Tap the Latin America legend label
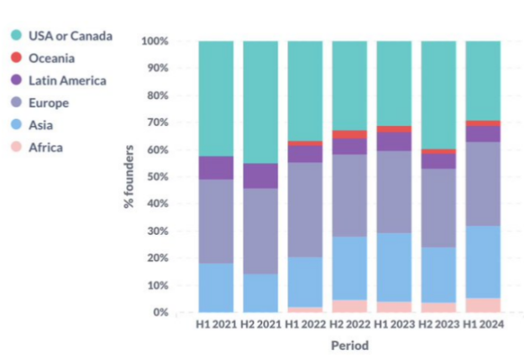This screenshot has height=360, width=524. [x=67, y=81]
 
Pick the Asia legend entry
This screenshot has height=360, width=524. [x=42, y=126]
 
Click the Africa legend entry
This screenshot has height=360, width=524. [x=45, y=148]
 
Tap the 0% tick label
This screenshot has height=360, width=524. [x=161, y=313]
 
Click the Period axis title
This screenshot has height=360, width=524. [x=348, y=345]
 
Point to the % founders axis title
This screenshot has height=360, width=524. [x=131, y=177]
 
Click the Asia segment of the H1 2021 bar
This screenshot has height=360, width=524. [x=216, y=288]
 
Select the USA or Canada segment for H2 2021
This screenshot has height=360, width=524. [x=260, y=102]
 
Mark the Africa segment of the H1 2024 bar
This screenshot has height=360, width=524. [x=483, y=305]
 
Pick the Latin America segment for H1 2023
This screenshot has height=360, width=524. [x=394, y=142]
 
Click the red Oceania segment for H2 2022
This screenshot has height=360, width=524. [x=349, y=134]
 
